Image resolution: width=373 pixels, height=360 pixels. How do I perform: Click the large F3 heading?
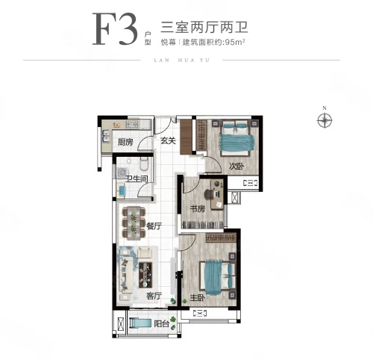click(115, 28)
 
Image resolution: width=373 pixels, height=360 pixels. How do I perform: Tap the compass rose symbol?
click(325, 120)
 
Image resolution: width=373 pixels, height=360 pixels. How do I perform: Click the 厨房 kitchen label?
click(125, 142)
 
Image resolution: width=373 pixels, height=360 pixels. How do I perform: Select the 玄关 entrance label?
click(168, 140)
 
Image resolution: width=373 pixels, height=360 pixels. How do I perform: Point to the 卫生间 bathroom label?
click(137, 179)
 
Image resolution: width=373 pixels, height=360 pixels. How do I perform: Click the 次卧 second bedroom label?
click(236, 166)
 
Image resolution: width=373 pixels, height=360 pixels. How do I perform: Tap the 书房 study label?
click(198, 208)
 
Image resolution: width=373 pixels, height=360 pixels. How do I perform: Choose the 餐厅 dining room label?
click(154, 226)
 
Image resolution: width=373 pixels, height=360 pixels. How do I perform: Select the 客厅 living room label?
click(154, 296)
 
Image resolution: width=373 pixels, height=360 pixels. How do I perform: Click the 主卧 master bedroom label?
click(198, 297)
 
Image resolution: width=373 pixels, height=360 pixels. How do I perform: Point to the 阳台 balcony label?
click(161, 324)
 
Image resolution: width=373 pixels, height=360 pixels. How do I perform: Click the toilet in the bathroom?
click(144, 164)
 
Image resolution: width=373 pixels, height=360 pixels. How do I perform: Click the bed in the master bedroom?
click(217, 278)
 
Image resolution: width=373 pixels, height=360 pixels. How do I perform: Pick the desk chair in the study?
click(209, 194)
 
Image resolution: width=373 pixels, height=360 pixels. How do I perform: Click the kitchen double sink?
click(106, 137)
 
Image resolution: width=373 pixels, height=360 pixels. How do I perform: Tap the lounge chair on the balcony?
click(140, 323)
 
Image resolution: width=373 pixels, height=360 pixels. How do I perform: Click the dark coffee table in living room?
click(145, 275)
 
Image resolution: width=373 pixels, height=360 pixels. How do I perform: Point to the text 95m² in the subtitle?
click(235, 42)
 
